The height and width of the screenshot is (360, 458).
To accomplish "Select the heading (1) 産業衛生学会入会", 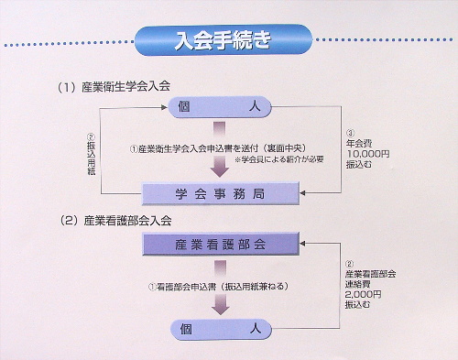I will point(115,88).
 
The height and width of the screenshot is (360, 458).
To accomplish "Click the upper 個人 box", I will point(220,108).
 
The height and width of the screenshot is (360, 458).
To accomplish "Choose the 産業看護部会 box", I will point(220,245).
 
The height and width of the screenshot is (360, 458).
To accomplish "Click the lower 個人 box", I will point(220,328).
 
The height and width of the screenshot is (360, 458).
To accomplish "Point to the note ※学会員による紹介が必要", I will point(278,158).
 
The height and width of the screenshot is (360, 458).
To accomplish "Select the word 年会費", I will point(358,144).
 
